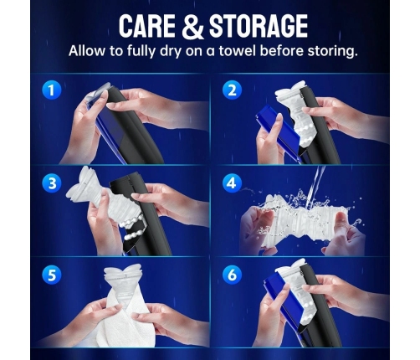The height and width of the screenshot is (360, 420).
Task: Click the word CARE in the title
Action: click(x=147, y=26)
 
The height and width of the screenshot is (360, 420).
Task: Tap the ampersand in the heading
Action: click(x=192, y=26)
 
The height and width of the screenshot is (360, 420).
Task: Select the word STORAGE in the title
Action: click(x=259, y=26)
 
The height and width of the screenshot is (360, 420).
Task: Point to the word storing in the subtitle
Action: click(x=332, y=51)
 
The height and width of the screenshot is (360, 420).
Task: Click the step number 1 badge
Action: click(x=51, y=90)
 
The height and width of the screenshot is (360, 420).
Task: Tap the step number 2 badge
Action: click(x=232, y=90)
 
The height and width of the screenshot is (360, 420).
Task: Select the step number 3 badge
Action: click(x=52, y=183)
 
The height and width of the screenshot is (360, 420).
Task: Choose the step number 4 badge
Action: click(x=232, y=183)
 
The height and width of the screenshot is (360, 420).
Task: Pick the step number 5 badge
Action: click(x=52, y=275)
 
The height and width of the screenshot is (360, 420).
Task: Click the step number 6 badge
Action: click(x=232, y=275)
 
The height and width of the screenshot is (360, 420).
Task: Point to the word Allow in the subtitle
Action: click(x=87, y=51)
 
